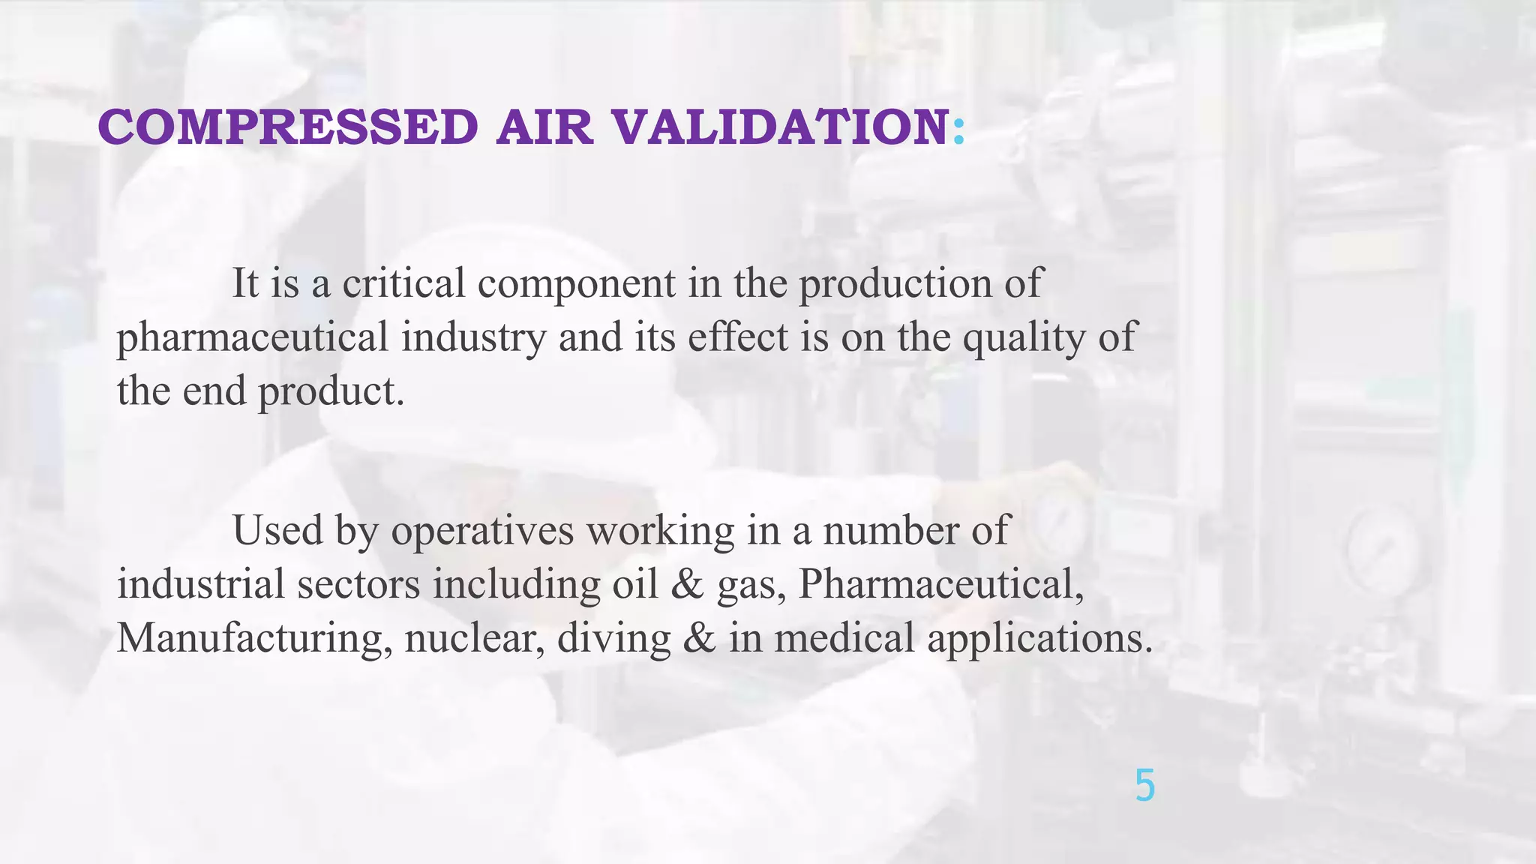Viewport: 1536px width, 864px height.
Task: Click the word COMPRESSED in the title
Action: click(x=288, y=127)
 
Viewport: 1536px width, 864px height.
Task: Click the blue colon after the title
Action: click(x=958, y=129)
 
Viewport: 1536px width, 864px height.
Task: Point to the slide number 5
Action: click(x=1144, y=786)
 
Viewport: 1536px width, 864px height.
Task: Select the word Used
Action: click(x=277, y=530)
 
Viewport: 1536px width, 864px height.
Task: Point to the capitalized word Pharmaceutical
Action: click(x=940, y=584)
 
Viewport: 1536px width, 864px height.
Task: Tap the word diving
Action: click(x=613, y=639)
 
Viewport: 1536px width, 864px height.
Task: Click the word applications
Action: click(x=1039, y=639)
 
